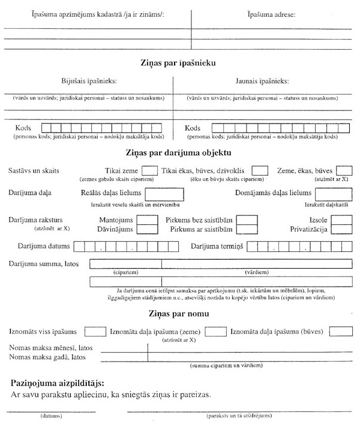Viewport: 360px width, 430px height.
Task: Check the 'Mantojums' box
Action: point(147,219)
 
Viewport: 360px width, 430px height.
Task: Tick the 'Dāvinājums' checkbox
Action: point(147,229)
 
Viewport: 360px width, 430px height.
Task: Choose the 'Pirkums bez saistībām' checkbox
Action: point(245,219)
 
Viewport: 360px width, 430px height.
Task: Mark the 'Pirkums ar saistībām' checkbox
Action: point(245,229)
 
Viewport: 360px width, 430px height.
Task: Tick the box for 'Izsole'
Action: point(341,219)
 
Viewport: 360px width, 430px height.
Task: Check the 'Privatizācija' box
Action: point(341,229)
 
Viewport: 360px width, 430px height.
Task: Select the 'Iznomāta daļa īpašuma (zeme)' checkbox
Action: point(214,332)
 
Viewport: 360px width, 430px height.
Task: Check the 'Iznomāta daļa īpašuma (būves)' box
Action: point(340,332)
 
